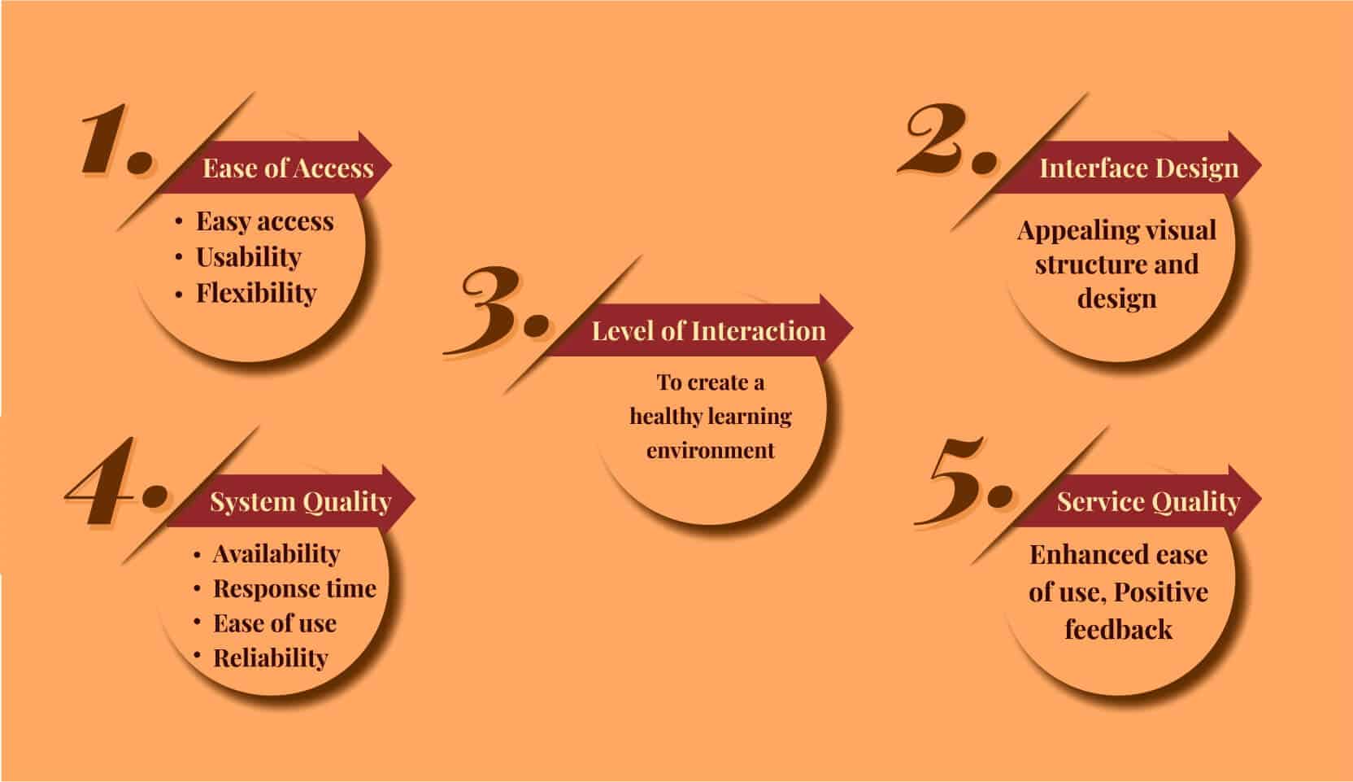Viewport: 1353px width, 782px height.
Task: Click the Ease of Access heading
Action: [x=288, y=168]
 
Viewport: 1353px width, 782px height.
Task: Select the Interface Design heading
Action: [x=1138, y=168]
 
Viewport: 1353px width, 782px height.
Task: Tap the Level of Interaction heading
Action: [x=708, y=331]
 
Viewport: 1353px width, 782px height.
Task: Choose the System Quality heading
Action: [x=301, y=502]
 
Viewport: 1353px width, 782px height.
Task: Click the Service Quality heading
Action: [x=1148, y=502]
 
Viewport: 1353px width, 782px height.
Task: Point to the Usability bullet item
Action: [x=248, y=257]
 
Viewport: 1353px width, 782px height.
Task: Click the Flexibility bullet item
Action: [x=256, y=293]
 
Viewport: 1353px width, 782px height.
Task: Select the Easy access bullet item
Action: [x=264, y=222]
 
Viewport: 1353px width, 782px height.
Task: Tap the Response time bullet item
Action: [x=295, y=588]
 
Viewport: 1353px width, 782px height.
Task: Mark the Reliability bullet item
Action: [x=271, y=657]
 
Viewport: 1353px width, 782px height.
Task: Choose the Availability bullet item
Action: [x=276, y=553]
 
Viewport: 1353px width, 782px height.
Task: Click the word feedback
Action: [x=1119, y=629]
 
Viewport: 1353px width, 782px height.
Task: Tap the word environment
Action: [x=711, y=450]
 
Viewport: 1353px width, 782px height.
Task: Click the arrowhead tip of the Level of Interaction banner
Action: [x=852, y=329]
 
